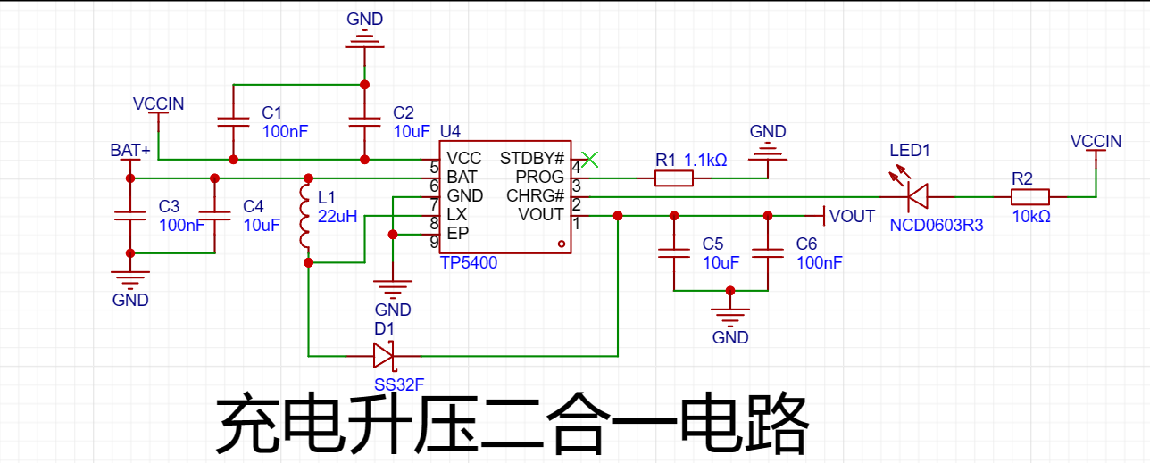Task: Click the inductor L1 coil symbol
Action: click(304, 216)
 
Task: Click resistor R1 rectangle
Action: click(673, 178)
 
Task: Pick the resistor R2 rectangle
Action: click(1029, 197)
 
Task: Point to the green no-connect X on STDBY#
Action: click(590, 160)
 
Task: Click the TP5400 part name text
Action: click(469, 263)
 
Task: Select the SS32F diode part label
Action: click(399, 384)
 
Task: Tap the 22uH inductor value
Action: click(337, 217)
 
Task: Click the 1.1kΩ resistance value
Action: click(706, 160)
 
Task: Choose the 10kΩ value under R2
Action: click(1031, 217)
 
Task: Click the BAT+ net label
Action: click(130, 150)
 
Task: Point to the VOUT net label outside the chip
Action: click(852, 217)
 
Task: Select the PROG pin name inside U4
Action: click(539, 178)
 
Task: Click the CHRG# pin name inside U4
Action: click(535, 196)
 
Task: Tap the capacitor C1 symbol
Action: click(233, 122)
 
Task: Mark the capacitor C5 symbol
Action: click(673, 252)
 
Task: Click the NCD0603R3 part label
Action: click(937, 225)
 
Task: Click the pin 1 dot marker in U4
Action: click(562, 244)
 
